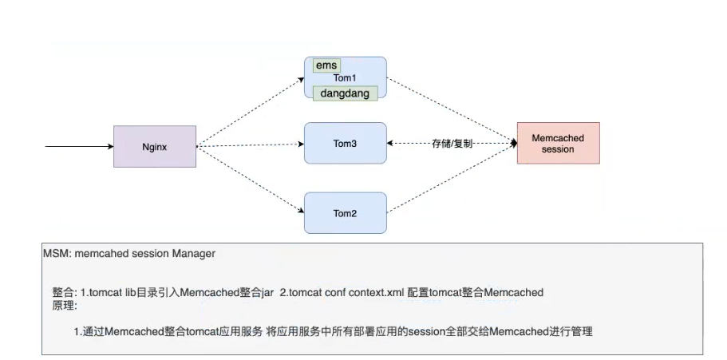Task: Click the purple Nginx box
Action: point(155,146)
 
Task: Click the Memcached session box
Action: point(557,144)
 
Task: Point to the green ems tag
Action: point(326,65)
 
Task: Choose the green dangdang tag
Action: point(345,93)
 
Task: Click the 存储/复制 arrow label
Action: point(452,144)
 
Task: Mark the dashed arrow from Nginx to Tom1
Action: point(251,113)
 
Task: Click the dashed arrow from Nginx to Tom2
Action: point(251,179)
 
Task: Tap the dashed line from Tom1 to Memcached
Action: point(451,110)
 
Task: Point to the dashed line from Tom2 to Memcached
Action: point(451,179)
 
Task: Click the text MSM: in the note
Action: point(57,254)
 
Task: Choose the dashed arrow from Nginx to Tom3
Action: point(251,145)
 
